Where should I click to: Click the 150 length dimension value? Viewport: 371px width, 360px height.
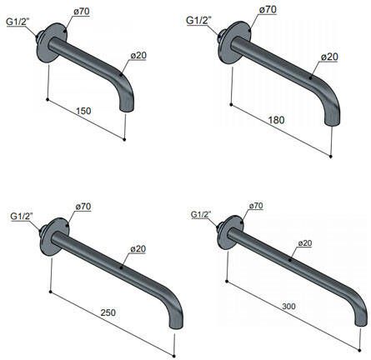(x=83, y=111)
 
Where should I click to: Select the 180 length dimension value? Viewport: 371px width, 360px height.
(x=276, y=120)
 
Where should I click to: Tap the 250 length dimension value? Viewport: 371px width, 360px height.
(x=108, y=312)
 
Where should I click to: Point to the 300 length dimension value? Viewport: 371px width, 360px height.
(x=288, y=307)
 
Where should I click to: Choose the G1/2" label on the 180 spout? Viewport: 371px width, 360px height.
(x=198, y=20)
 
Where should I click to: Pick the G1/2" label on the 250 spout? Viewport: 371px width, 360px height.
(x=22, y=216)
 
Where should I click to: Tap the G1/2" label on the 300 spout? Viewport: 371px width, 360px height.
(x=201, y=214)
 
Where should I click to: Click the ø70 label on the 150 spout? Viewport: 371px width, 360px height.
(x=82, y=12)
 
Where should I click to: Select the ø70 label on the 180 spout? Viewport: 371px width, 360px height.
(x=268, y=9)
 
